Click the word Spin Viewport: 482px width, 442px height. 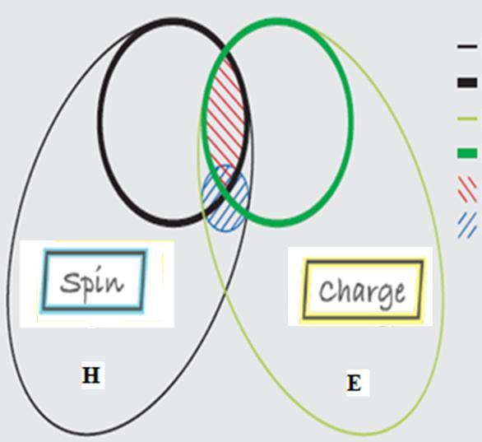click(x=92, y=284)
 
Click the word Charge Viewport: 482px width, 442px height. click(x=362, y=293)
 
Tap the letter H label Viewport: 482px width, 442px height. click(x=91, y=375)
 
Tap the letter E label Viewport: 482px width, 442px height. click(x=355, y=384)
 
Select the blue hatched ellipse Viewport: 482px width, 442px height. click(x=225, y=198)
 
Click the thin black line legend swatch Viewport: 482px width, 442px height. click(x=467, y=47)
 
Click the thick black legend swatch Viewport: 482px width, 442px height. click(x=467, y=83)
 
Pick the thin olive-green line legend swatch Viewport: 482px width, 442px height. click(x=467, y=119)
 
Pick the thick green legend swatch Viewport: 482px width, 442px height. click(x=467, y=153)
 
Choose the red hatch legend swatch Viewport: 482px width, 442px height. click(x=467, y=189)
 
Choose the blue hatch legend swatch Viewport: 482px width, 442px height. click(x=467, y=226)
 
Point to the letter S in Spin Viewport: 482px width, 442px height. click(x=68, y=282)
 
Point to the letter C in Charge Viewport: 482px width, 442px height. click(x=327, y=291)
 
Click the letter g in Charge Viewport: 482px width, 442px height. click(x=383, y=297)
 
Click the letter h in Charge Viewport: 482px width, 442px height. click(x=344, y=290)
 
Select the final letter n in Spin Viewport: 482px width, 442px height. click(x=116, y=285)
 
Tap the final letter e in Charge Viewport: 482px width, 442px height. click(x=399, y=293)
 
